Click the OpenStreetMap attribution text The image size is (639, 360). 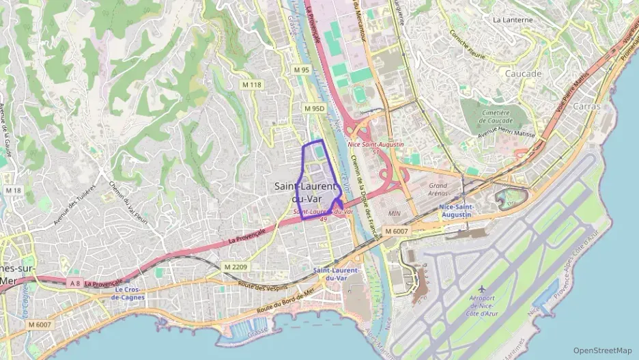tap(603, 350)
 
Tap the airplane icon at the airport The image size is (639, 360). tap(482, 289)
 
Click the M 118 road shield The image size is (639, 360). tap(252, 85)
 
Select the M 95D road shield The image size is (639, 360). tap(315, 109)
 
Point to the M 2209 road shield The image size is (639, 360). tap(236, 266)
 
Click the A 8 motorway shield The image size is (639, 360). tap(74, 283)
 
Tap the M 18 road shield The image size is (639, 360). tap(13, 190)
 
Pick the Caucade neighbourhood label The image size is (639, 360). tap(523, 73)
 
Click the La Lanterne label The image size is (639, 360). tap(512, 20)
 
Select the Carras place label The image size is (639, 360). tap(586, 107)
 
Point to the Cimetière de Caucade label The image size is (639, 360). tap(496, 116)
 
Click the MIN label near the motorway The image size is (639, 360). tap(394, 213)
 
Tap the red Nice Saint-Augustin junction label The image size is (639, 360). tap(375, 145)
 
